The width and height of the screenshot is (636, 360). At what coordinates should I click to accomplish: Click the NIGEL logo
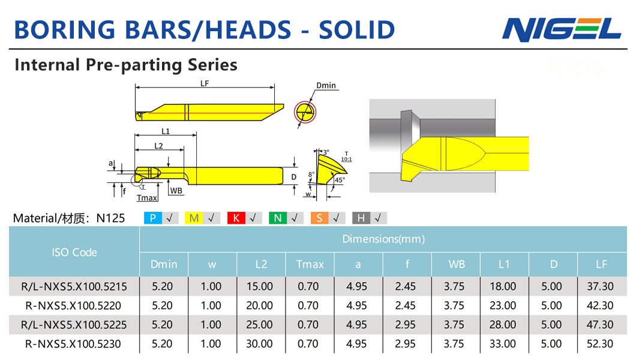point(562,29)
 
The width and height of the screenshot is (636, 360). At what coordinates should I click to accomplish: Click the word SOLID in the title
point(356,29)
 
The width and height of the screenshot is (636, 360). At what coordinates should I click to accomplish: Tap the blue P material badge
point(153,218)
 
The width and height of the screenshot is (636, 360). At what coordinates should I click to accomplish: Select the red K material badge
point(236,218)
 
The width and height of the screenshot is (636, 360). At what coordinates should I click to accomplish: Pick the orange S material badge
point(320,218)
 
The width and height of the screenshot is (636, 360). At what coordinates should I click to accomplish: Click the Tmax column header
point(310,265)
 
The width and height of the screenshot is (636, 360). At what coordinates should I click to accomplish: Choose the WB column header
point(457,265)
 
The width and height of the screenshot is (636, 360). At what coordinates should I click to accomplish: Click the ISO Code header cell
point(74,252)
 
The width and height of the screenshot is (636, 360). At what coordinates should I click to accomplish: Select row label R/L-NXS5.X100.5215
point(74,287)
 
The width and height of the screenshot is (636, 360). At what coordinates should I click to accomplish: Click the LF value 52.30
point(600,344)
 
